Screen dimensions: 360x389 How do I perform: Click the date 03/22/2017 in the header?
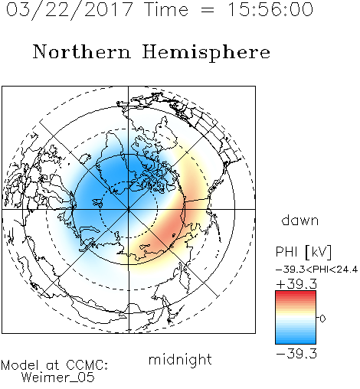click(x=70, y=10)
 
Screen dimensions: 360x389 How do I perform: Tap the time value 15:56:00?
click(x=270, y=9)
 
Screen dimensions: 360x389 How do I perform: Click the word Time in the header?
click(x=166, y=9)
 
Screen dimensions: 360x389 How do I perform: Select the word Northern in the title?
click(x=82, y=51)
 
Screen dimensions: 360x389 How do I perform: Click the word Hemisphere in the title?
click(x=206, y=53)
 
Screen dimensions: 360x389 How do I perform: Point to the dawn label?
click(x=300, y=221)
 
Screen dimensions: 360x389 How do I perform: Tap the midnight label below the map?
click(x=180, y=359)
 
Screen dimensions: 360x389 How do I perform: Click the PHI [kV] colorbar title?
click(x=303, y=252)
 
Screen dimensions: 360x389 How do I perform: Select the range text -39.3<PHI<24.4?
click(x=317, y=270)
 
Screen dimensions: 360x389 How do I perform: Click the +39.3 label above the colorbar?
click(x=296, y=284)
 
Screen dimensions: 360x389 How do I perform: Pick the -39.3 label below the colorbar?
click(x=296, y=354)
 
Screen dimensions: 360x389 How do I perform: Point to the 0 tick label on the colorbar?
click(x=322, y=319)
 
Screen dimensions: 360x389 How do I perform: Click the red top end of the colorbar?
click(x=296, y=293)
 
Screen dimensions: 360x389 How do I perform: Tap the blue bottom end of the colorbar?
click(x=296, y=341)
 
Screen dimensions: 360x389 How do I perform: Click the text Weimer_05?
click(x=58, y=378)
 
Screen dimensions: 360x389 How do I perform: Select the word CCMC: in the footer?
click(x=87, y=365)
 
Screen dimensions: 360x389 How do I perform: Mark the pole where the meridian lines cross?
click(x=129, y=209)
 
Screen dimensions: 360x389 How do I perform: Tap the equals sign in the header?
click(x=208, y=10)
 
